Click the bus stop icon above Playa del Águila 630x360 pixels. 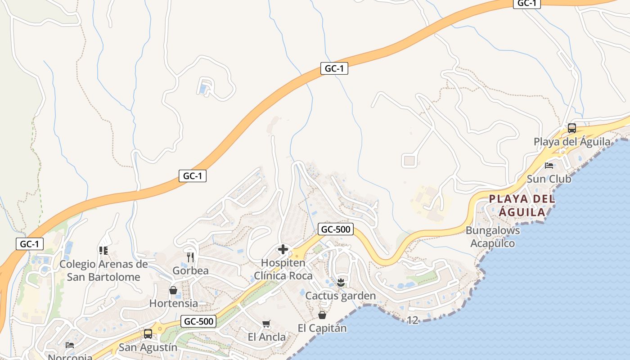click(x=571, y=128)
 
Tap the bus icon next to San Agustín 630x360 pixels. click(x=148, y=334)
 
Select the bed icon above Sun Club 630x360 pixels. click(x=549, y=165)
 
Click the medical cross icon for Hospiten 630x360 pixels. click(x=283, y=249)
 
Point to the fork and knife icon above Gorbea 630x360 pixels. click(x=190, y=257)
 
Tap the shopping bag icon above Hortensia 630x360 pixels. click(x=173, y=290)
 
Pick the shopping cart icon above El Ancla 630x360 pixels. click(x=266, y=324)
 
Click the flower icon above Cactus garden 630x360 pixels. click(x=340, y=283)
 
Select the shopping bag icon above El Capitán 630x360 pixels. click(x=322, y=315)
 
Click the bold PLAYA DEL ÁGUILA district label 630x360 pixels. click(x=522, y=205)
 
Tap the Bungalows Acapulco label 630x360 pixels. click(x=493, y=237)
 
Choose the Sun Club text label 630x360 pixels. click(x=549, y=179)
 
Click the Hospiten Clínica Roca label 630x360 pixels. click(x=283, y=269)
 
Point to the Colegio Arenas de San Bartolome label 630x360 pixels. click(x=103, y=270)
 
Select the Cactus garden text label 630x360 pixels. click(x=340, y=296)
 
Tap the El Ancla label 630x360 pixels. click(x=266, y=337)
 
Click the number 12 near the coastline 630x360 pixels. click(x=412, y=320)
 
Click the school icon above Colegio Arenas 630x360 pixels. click(x=103, y=250)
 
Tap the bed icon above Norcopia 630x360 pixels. click(x=70, y=345)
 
